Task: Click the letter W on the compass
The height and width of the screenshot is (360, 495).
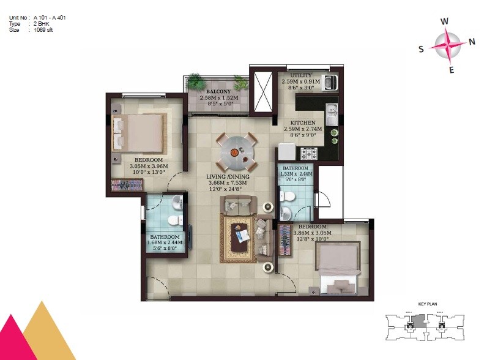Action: (x=445, y=21)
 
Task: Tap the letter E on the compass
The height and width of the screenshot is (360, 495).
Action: (x=452, y=69)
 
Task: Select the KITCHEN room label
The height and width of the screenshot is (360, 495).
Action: (x=303, y=122)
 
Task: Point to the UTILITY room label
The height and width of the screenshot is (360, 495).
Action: (x=301, y=75)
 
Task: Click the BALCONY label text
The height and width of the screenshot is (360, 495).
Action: (x=218, y=92)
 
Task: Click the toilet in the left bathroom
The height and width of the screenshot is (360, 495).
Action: (x=174, y=219)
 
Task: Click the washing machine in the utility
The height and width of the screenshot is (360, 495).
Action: (x=329, y=81)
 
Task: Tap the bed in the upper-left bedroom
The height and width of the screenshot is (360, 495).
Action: (x=139, y=132)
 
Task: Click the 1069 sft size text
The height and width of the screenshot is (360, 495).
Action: (x=43, y=29)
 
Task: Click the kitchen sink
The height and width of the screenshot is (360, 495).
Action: (x=331, y=114)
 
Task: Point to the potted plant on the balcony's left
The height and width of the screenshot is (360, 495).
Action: (x=196, y=81)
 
